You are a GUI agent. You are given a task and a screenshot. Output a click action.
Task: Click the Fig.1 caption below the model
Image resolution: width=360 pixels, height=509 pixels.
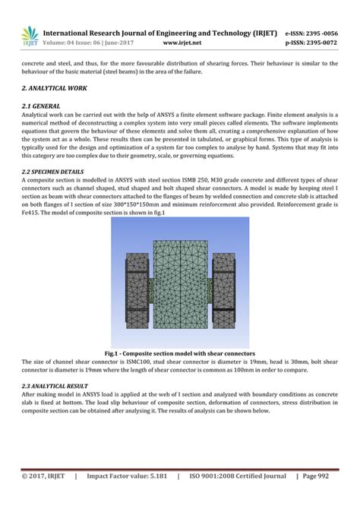179,354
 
